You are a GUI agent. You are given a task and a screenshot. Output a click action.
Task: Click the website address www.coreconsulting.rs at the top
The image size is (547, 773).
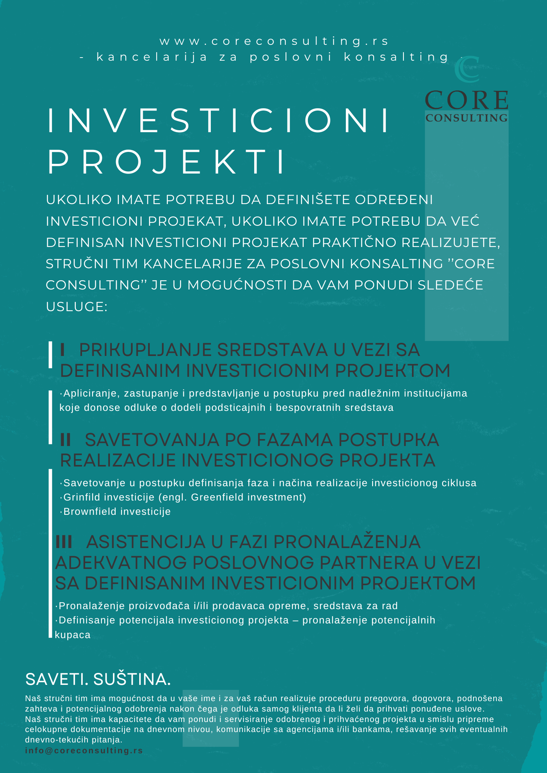coord(274,41)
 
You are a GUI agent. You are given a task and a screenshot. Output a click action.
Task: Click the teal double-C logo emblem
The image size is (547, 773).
coord(467,69)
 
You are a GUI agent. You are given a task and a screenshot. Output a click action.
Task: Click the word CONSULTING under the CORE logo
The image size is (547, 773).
coord(467,118)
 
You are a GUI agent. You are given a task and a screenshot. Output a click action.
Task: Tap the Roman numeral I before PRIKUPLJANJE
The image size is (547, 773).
coord(62,350)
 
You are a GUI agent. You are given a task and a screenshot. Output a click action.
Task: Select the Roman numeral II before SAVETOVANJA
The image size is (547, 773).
coord(66,440)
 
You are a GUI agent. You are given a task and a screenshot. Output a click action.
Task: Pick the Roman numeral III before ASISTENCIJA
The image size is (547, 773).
coord(64,542)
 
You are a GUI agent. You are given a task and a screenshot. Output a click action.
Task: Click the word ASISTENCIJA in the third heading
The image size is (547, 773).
coord(146,542)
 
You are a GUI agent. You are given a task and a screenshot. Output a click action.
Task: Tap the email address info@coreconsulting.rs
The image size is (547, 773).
coord(84,751)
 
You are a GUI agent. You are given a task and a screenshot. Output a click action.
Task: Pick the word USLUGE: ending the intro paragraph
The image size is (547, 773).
coord(77,306)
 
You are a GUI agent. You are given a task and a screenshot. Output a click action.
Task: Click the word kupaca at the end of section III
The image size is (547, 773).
coord(73,635)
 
